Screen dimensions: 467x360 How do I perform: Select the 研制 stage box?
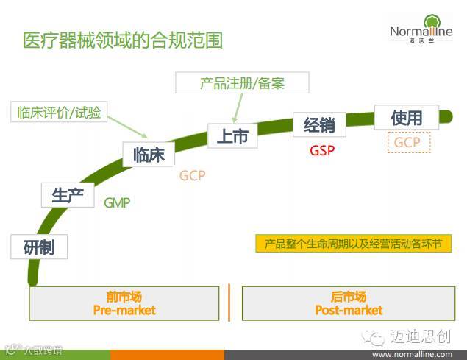pos(39,246)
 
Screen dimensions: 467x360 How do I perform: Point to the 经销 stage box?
pos(319,124)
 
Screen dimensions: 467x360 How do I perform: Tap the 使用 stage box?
pos(407,117)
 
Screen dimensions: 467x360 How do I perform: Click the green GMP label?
pos(116,202)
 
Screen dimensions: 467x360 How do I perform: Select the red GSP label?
pos(322,150)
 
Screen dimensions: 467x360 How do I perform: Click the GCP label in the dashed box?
pos(407,142)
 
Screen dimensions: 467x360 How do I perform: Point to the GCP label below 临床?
pos(192,176)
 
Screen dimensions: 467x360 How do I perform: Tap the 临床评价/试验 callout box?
pos(60,112)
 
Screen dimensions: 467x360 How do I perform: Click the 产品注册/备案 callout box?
pos(242,82)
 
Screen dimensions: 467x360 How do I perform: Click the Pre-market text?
pos(124,311)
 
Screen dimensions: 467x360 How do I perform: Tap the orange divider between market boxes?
pos(229,302)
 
